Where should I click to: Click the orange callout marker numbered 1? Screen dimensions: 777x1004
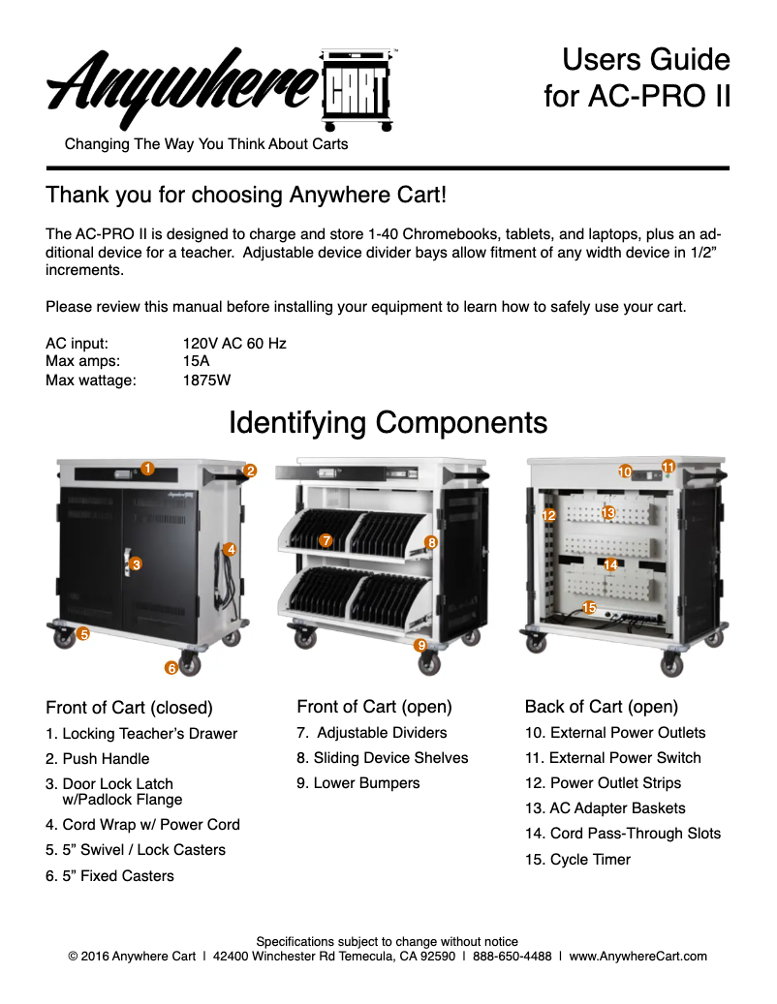[x=147, y=469]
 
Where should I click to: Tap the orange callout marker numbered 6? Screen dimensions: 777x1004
[x=171, y=667]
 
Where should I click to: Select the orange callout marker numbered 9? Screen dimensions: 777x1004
[x=421, y=645]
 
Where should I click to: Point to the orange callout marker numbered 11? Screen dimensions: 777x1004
[x=668, y=467]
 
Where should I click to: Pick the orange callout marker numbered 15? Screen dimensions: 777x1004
[x=588, y=607]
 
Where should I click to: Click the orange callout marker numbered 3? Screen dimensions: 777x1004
[x=136, y=563]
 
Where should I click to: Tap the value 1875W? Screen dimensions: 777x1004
[x=206, y=380]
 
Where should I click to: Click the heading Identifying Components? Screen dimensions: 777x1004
[x=388, y=423]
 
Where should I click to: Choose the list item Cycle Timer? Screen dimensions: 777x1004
[x=577, y=860]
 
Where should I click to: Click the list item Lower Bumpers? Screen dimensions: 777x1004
[x=358, y=783]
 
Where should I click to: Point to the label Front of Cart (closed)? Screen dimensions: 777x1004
[x=129, y=708]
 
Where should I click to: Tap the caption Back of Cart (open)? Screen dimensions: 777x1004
[x=601, y=707]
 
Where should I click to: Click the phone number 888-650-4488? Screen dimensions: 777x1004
[x=513, y=957]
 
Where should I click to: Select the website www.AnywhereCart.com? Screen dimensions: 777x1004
[x=637, y=957]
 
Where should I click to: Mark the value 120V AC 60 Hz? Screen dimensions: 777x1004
[x=234, y=344]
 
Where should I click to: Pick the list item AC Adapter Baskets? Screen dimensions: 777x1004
[x=605, y=808]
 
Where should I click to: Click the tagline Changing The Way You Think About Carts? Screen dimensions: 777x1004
[x=205, y=145]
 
